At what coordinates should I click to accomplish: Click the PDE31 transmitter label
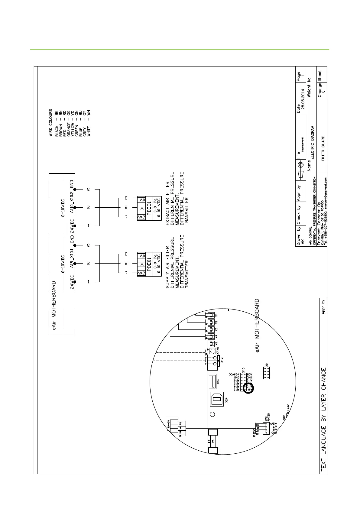coord(149,208)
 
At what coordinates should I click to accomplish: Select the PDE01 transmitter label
coord(149,264)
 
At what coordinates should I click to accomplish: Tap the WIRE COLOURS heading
coord(51,123)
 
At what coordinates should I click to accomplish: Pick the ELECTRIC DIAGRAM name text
coord(313,143)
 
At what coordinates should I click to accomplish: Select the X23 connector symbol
coord(212,381)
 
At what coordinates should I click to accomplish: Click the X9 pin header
coord(267,373)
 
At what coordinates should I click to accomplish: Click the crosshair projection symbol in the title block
coord(300,165)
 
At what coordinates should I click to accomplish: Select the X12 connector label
coord(222,360)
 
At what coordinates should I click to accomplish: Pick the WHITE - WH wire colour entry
coord(89,123)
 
